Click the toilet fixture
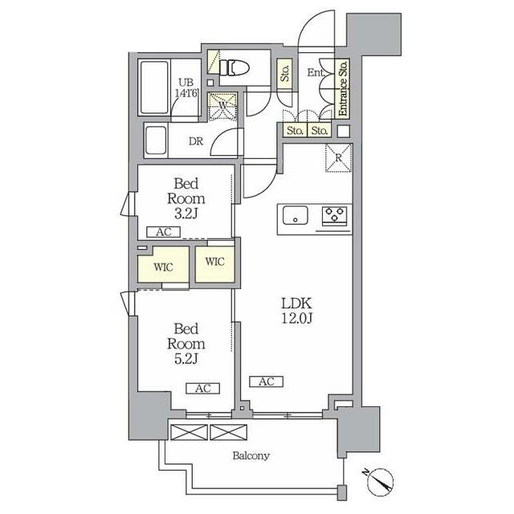[x=235, y=67]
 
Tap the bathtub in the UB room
[x=154, y=88]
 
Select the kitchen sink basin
[x=295, y=215]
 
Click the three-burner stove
[x=334, y=215]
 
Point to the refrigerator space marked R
[x=339, y=157]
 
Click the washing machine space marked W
[x=223, y=107]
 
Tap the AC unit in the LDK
[x=266, y=381]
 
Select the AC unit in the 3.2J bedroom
[x=163, y=232]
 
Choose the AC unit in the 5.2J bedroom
[x=203, y=389]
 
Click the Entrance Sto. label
[x=343, y=88]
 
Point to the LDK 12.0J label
[x=296, y=311]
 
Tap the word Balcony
[x=251, y=455]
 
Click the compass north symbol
[x=380, y=482]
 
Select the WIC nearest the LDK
[x=215, y=264]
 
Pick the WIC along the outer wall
[x=163, y=264]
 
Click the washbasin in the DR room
[x=156, y=141]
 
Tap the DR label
[x=196, y=141]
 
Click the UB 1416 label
[x=186, y=88]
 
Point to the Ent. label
[x=316, y=72]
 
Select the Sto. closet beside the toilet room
[x=284, y=73]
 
